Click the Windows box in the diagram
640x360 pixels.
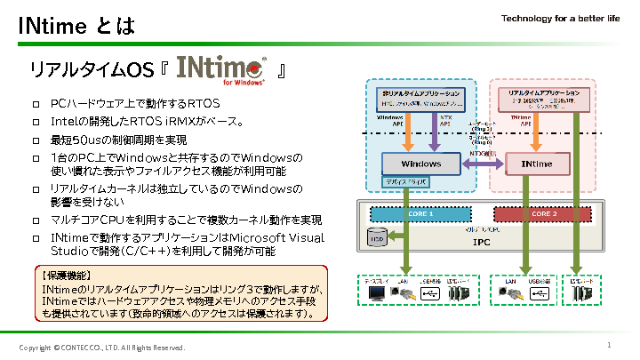tap(421, 164)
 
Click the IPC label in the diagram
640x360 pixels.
tap(481, 241)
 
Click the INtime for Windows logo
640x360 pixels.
tap(221, 70)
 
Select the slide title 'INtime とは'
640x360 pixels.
tap(77, 27)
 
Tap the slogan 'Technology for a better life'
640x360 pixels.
tap(560, 19)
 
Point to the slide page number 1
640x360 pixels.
tap(609, 344)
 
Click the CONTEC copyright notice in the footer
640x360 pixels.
tap(102, 347)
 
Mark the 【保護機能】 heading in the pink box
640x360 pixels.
tap(67, 276)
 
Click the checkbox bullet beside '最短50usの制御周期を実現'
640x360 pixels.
tap(36, 140)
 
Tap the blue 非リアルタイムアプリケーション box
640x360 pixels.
tap(420, 99)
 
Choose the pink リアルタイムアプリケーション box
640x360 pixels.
tap(542, 98)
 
